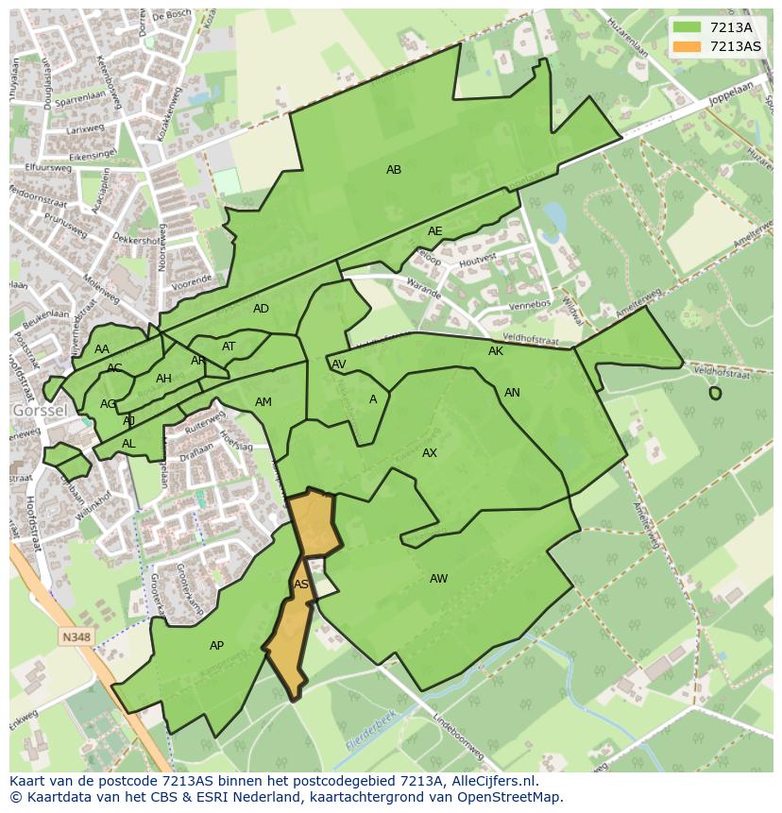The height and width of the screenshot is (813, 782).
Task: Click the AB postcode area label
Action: click(x=394, y=170)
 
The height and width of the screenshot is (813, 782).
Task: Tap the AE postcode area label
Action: click(x=434, y=231)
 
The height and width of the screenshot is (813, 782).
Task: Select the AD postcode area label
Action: click(x=261, y=309)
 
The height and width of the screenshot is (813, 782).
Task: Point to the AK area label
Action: click(x=496, y=351)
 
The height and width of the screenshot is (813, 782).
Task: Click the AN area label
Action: click(x=512, y=393)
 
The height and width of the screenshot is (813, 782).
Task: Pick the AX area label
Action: click(x=430, y=453)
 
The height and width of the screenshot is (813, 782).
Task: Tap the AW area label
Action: click(x=438, y=579)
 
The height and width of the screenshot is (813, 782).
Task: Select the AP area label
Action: click(x=216, y=646)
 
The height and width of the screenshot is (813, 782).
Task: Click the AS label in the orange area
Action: click(x=301, y=584)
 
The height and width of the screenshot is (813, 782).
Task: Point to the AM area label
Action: click(x=263, y=402)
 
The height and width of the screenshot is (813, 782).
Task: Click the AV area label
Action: click(x=338, y=364)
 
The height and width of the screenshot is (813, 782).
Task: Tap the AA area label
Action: click(x=102, y=349)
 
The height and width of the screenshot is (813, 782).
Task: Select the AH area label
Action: click(x=163, y=379)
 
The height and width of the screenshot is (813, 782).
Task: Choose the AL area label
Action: click(x=128, y=444)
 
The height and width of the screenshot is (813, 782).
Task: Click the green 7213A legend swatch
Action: click(x=686, y=27)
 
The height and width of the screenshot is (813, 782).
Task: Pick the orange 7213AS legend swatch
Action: click(x=686, y=46)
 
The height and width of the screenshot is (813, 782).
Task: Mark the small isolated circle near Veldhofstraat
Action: click(x=715, y=393)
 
